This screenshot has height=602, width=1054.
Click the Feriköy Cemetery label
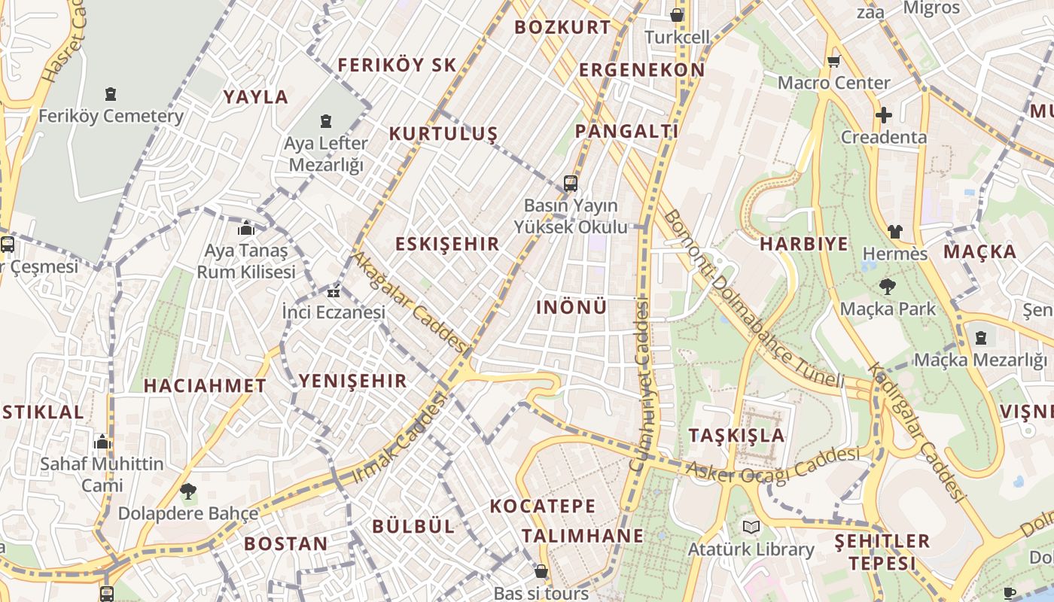[111, 117]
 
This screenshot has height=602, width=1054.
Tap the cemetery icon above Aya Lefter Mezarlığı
[326, 120]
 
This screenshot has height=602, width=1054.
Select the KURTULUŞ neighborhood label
[443, 134]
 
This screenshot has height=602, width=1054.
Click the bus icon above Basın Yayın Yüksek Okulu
[571, 183]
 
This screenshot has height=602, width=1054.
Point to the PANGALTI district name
[626, 131]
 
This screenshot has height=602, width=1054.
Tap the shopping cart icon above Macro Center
[833, 62]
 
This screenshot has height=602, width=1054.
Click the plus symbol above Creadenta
[884, 116]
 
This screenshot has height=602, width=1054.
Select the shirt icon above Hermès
[894, 231]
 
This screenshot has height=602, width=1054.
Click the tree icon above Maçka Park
[888, 286]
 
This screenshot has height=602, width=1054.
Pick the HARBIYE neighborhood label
[803, 244]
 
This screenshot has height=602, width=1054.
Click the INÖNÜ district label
[571, 307]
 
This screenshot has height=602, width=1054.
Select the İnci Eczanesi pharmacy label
[334, 312]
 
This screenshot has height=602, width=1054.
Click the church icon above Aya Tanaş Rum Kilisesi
[246, 228]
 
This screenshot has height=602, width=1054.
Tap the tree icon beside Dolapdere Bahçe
[187, 492]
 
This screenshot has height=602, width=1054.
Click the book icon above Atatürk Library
[751, 527]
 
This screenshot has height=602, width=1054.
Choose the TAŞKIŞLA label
[736, 436]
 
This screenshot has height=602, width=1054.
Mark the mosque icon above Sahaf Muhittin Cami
[102, 441]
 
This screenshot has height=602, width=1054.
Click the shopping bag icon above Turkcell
[677, 14]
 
